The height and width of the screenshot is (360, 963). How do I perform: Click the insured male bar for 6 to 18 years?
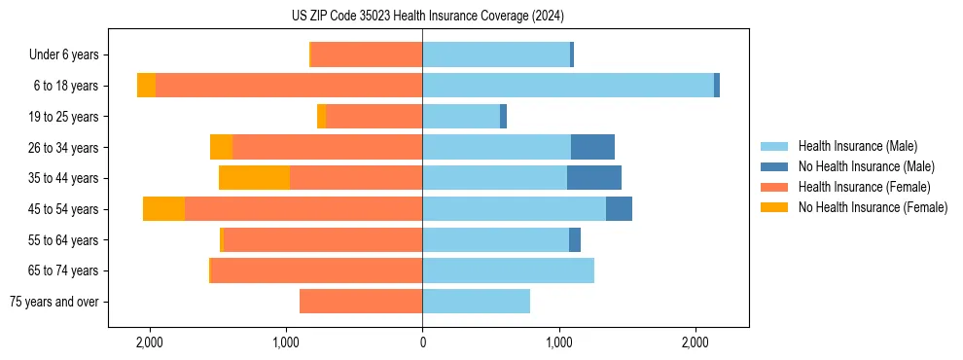tap(568, 86)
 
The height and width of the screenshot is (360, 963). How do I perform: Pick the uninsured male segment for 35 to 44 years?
tap(594, 178)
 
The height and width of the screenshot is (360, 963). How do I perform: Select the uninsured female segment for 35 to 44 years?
tap(254, 178)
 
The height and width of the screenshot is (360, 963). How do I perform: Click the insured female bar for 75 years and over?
tap(361, 302)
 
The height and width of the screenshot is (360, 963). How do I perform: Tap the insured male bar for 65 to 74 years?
tap(508, 270)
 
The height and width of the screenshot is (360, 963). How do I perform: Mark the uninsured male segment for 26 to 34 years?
tap(592, 147)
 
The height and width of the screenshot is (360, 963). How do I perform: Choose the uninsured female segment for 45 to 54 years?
tap(163, 209)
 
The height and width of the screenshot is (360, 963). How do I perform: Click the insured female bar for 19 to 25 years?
tap(374, 117)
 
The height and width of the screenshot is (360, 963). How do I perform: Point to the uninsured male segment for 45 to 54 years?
tap(619, 209)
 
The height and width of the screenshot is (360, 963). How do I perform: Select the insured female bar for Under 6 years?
tap(367, 54)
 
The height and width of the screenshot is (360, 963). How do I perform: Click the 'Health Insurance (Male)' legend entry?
tap(857, 147)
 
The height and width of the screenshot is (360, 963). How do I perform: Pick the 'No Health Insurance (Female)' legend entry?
tap(873, 207)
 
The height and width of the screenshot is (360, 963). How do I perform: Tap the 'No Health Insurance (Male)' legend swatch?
tap(775, 166)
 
